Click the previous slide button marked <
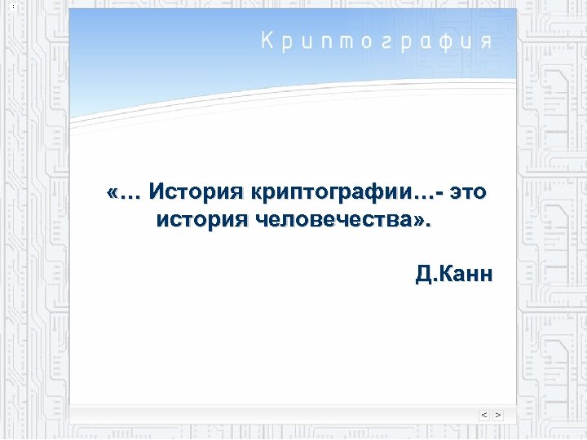pos(484,415)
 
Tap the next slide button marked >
pos(497,415)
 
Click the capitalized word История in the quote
pos(196,193)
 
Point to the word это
pos(469,193)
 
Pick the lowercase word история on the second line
pos(201,219)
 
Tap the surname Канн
pos(468,273)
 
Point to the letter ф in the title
pos(444,42)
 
